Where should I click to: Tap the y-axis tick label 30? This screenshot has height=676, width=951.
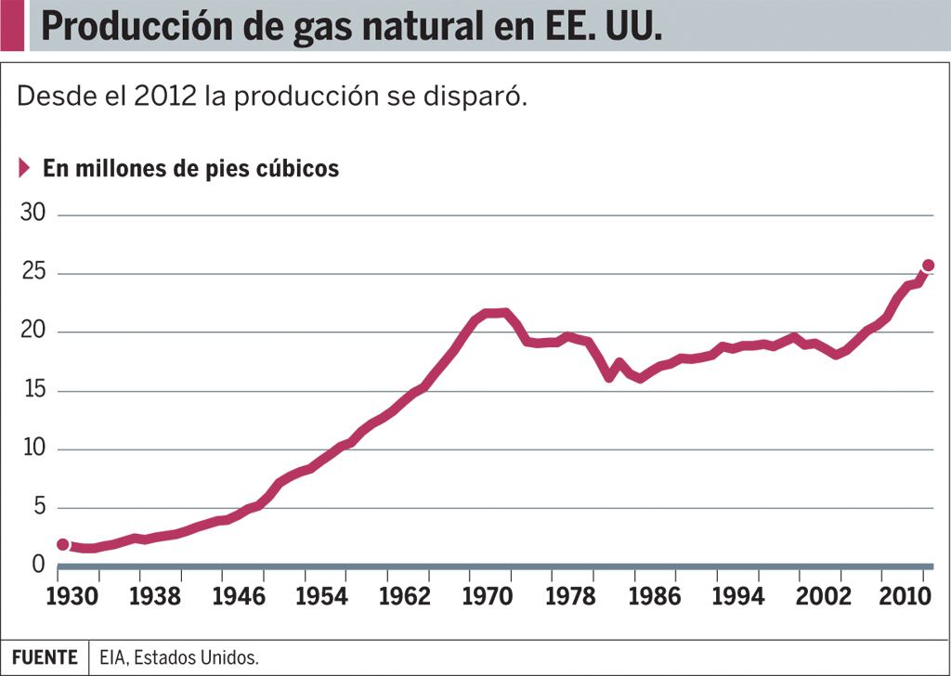click(x=33, y=214)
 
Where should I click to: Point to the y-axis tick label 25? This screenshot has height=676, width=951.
click(x=33, y=273)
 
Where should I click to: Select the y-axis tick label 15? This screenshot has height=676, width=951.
click(x=33, y=390)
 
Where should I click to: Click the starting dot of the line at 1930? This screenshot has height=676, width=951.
click(x=62, y=544)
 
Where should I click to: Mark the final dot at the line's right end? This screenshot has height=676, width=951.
click(x=928, y=266)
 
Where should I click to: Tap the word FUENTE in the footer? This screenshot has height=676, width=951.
click(x=45, y=657)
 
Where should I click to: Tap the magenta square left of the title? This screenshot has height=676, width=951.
click(x=12, y=25)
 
